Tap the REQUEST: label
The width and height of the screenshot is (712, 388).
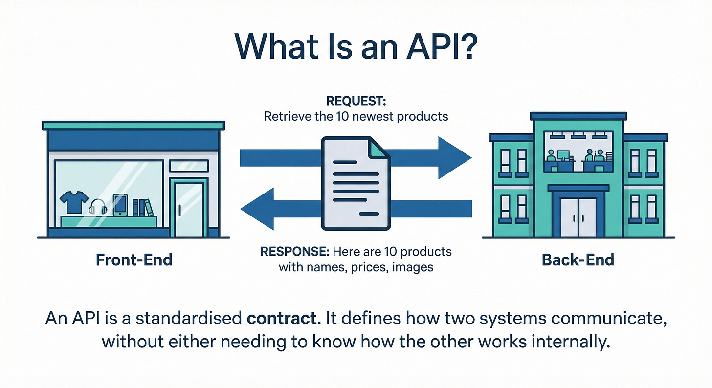[356, 102]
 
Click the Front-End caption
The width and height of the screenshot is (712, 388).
[133, 259]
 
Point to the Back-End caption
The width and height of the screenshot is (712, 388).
[578, 259]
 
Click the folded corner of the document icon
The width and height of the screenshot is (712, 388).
[380, 147]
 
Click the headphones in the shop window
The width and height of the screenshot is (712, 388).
[98, 207]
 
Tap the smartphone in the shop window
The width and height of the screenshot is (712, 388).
[120, 205]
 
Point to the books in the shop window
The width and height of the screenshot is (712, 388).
[142, 208]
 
